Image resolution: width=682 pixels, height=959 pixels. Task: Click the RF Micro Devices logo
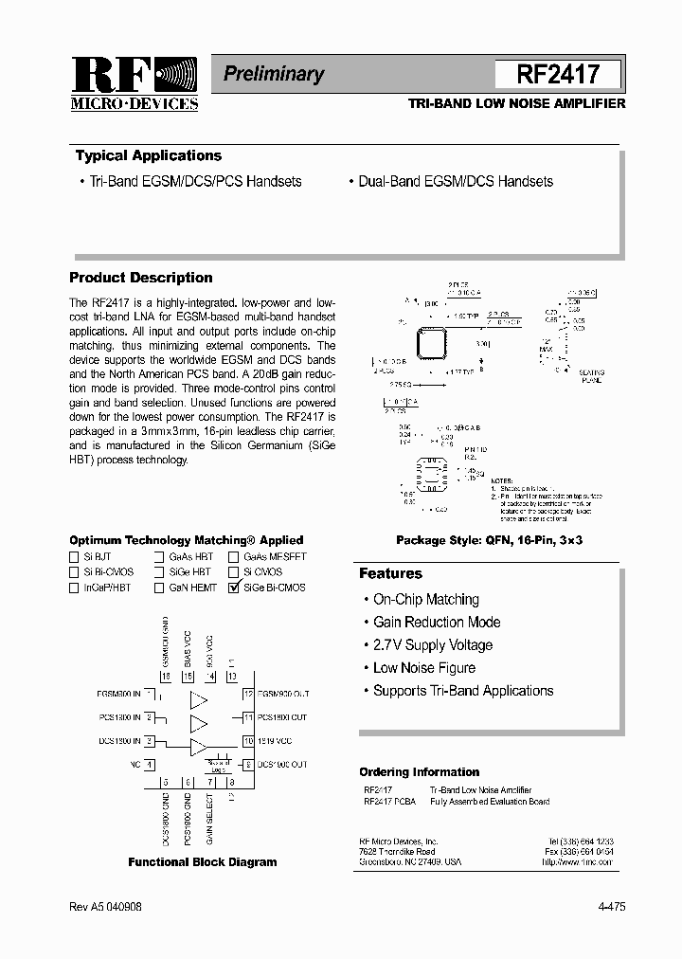click(134, 82)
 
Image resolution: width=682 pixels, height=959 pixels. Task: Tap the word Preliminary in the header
click(274, 74)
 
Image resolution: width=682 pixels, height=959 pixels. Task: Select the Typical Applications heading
click(149, 156)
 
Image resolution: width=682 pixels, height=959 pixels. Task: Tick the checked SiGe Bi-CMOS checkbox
click(233, 588)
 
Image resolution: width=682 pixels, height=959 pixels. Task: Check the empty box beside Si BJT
click(75, 557)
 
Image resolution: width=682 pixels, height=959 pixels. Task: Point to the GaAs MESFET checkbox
click(233, 557)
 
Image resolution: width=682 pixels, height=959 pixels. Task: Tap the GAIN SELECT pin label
click(209, 820)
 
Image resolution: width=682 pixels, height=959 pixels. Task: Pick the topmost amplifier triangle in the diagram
click(199, 701)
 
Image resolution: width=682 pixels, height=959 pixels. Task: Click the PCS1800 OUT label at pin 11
click(282, 718)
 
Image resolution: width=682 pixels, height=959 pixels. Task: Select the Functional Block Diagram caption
click(203, 862)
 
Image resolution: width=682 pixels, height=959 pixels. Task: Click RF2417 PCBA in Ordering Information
click(388, 802)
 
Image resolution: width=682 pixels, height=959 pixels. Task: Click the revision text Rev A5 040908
click(105, 907)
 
